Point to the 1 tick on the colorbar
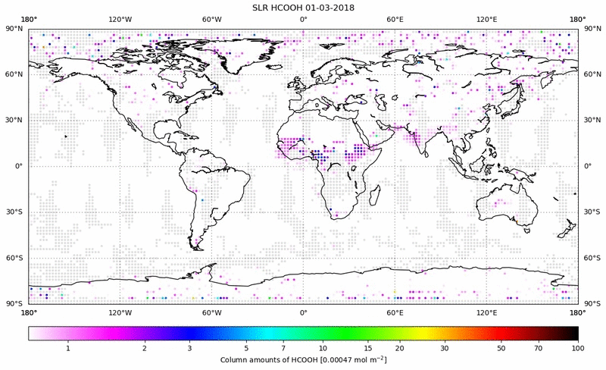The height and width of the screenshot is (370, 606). (68, 347)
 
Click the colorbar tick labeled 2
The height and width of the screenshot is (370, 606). (144, 347)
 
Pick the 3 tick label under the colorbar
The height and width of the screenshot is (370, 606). (189, 347)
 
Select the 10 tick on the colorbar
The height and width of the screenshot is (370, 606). (323, 347)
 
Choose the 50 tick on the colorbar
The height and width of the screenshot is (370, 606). (502, 347)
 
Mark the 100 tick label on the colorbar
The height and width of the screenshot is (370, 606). (578, 347)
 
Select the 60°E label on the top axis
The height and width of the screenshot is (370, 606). (395, 19)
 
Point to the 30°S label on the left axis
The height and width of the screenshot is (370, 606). (15, 212)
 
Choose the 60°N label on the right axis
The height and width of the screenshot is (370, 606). (592, 74)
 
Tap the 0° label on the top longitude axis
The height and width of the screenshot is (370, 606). (303, 19)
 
